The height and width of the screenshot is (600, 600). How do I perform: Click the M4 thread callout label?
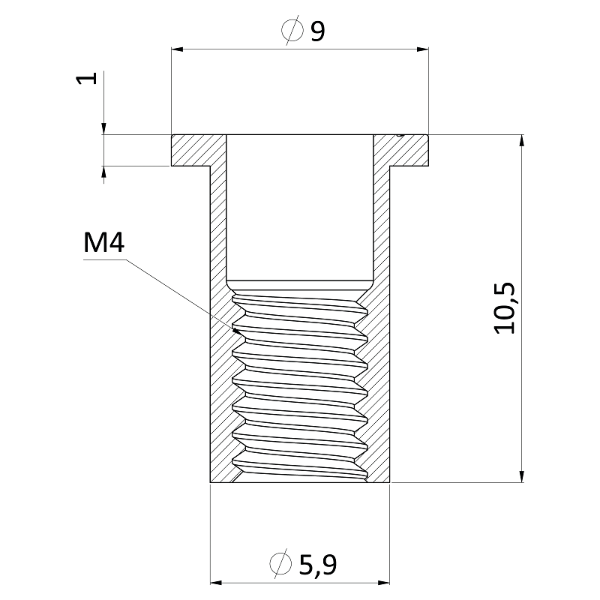point(103,244)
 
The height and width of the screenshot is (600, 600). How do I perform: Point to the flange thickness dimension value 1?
point(88,79)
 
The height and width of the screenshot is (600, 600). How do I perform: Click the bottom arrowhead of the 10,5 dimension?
point(519,476)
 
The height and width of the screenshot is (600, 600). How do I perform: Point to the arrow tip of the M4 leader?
point(236,328)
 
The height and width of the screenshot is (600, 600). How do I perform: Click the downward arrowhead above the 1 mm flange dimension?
point(103,128)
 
